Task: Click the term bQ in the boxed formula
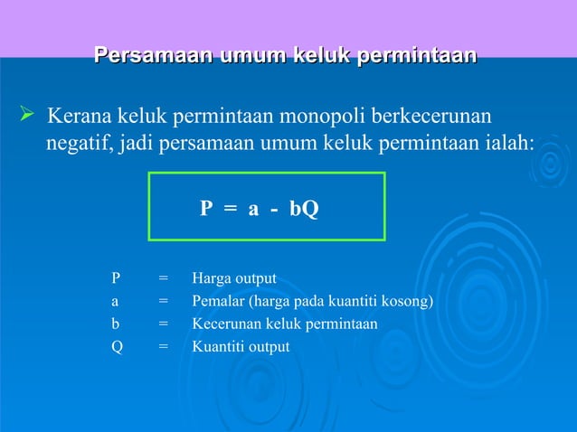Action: pos(304,209)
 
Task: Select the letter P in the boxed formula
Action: pos(206,209)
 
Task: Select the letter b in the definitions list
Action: pos(116,324)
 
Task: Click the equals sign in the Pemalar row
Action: pos(163,301)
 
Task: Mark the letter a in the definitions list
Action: pos(115,301)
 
